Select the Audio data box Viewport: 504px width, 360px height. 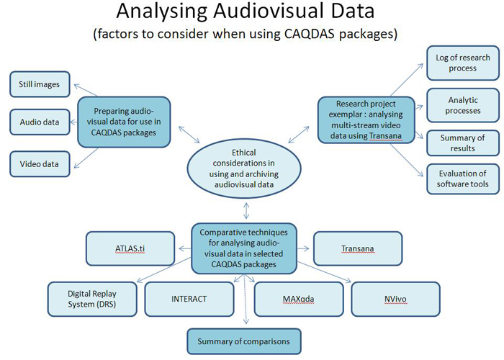click(x=40, y=123)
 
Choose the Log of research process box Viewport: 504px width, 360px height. click(x=462, y=63)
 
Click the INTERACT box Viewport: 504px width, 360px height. click(x=189, y=298)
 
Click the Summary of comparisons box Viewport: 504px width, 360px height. click(x=243, y=341)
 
